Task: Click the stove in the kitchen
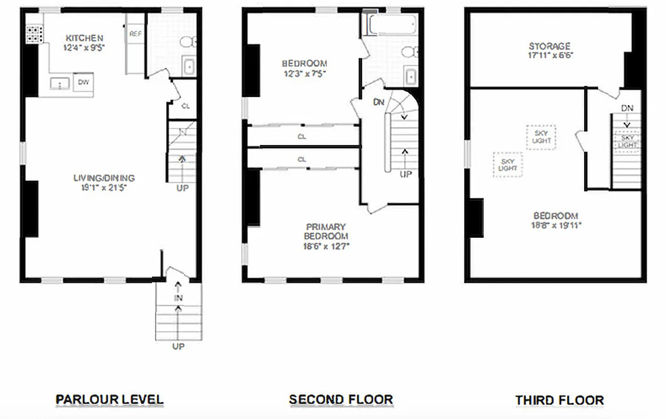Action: [34, 35]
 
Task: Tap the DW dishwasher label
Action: [83, 82]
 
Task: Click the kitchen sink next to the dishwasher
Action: [60, 83]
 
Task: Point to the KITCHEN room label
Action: [84, 38]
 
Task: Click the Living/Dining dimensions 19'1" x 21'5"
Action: [104, 188]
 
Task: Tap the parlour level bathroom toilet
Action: [188, 41]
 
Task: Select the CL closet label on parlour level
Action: [185, 106]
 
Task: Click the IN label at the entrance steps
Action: [178, 298]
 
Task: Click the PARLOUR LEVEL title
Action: [110, 400]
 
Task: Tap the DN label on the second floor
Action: [379, 102]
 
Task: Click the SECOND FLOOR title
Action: [341, 400]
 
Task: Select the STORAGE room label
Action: [549, 46]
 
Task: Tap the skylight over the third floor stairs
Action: [628, 141]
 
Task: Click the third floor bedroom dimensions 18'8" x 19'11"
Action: [556, 225]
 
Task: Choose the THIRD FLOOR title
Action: [559, 400]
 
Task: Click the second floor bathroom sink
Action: [411, 76]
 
